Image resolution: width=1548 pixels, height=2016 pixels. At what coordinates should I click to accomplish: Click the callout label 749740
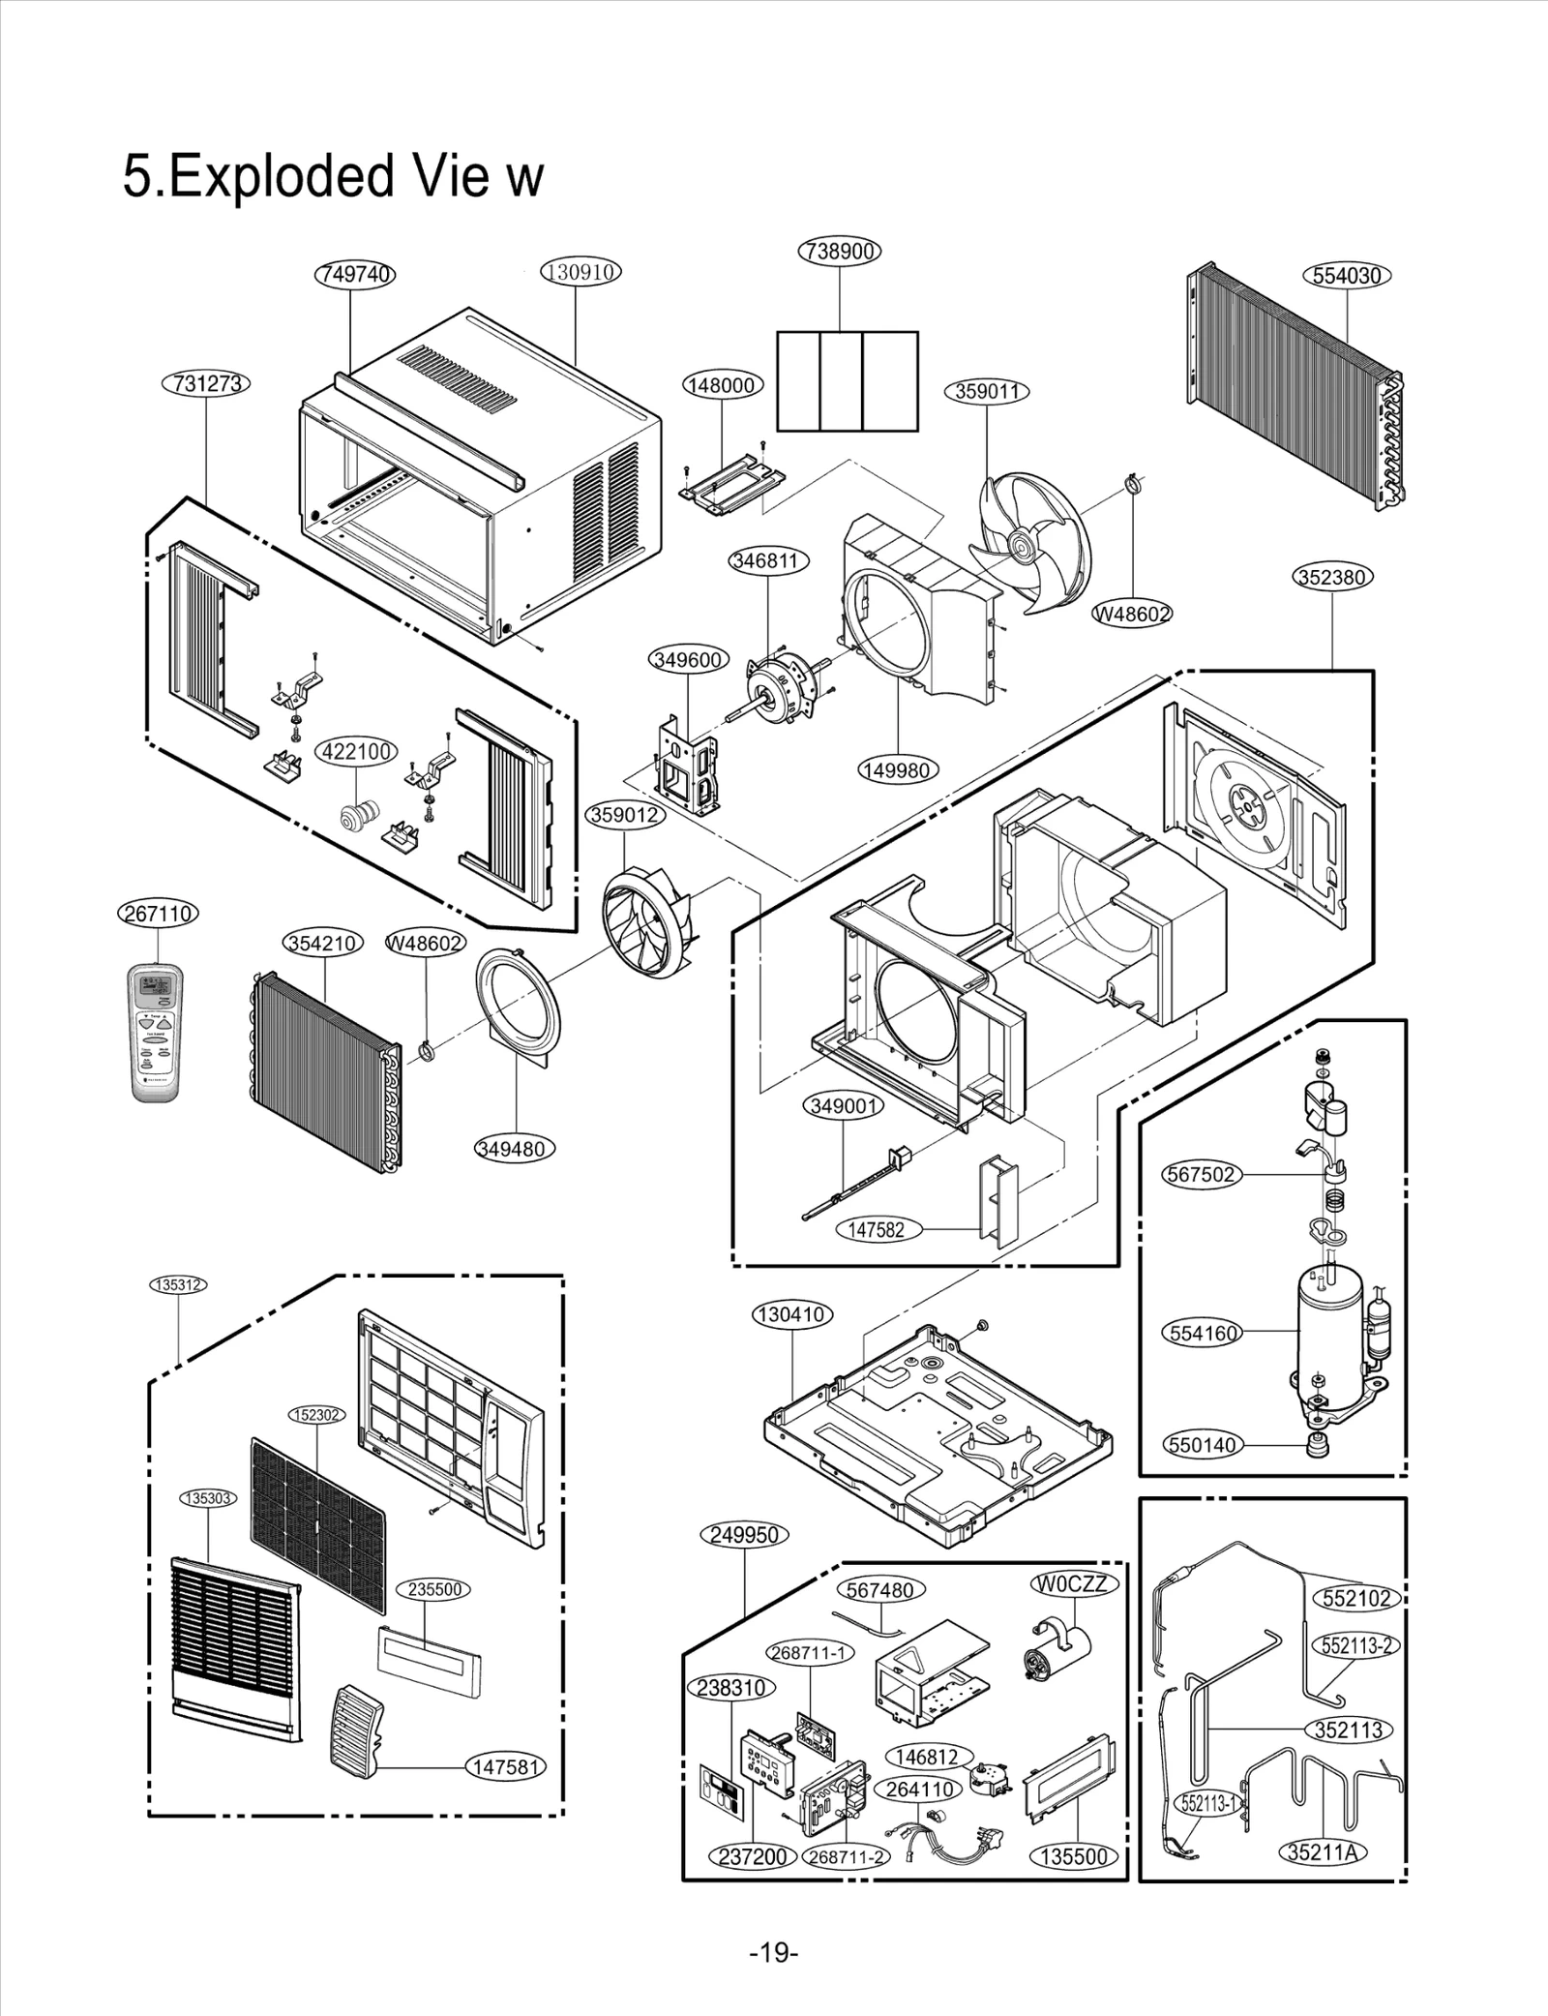355,275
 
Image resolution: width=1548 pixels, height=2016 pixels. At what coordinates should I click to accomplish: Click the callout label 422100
357,752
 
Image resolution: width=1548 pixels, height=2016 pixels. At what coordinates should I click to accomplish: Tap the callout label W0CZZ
1076,1584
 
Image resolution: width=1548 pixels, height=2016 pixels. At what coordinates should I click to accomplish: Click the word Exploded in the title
281,177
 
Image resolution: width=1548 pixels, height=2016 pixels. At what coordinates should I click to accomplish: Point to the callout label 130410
792,1314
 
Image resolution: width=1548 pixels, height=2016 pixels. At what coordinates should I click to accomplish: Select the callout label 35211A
1322,1852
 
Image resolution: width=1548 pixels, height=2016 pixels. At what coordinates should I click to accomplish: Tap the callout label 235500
433,1589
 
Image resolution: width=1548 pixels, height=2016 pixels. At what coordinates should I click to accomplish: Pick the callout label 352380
1332,578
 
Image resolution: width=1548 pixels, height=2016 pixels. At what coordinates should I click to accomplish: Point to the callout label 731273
206,383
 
